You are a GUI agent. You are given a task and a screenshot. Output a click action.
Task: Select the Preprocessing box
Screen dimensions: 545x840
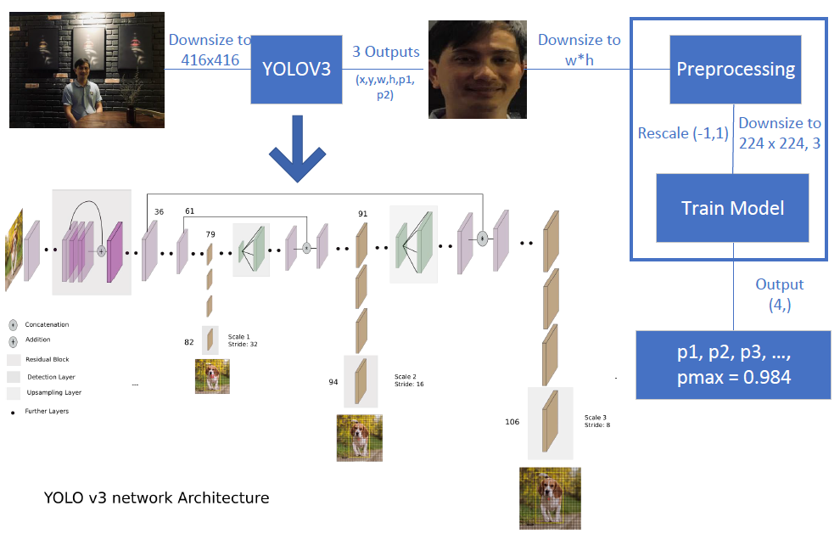coord(736,69)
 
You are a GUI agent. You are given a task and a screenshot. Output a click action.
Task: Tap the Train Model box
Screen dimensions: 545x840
coord(733,207)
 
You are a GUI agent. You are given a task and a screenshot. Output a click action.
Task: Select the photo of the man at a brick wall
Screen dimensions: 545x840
coord(85,76)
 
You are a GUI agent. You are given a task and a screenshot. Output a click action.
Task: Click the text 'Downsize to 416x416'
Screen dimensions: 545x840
coord(209,49)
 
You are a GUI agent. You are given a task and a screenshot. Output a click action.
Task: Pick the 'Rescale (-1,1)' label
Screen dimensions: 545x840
coord(683,133)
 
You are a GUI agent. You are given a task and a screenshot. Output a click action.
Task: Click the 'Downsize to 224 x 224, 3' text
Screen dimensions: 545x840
coord(779,133)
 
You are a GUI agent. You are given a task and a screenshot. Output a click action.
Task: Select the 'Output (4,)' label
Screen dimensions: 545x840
coord(779,294)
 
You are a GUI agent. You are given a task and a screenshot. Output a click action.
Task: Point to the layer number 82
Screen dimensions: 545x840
coord(189,342)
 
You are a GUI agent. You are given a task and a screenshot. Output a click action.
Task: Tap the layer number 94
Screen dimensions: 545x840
coord(333,382)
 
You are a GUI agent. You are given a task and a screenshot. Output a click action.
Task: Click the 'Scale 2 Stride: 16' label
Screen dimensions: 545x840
coord(408,380)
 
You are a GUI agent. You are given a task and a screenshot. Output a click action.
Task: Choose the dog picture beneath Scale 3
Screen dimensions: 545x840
coord(551,498)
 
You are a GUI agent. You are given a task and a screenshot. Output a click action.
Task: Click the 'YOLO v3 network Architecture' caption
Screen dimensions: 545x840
coord(156,498)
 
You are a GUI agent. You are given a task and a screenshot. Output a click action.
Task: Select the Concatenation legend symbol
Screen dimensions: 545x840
coord(14,325)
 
